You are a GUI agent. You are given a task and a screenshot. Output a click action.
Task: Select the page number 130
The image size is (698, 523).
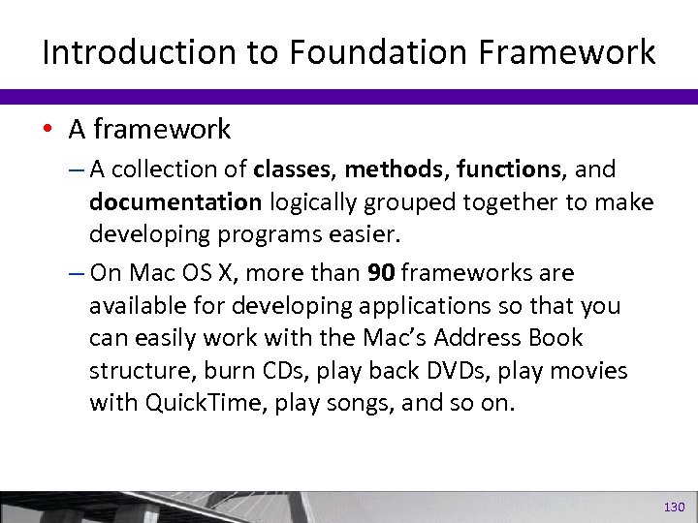point(674,507)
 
